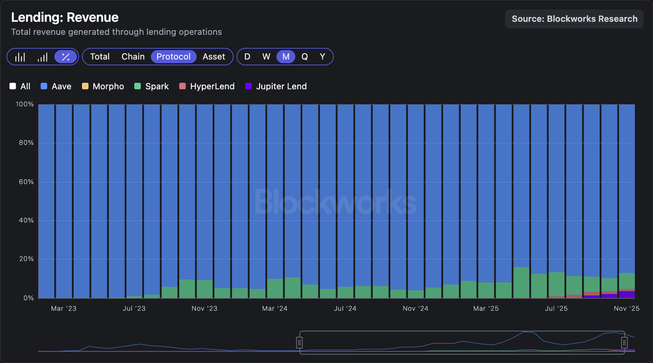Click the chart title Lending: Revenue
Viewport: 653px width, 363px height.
[x=65, y=18]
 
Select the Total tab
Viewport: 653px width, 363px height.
[x=100, y=57]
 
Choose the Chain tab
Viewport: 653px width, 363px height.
[x=133, y=57]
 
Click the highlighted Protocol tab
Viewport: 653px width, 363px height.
[x=174, y=57]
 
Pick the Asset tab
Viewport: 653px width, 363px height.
[x=214, y=57]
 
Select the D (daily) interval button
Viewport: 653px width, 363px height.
[x=247, y=57]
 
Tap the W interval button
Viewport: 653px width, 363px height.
[x=266, y=57]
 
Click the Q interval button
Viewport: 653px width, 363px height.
[x=304, y=57]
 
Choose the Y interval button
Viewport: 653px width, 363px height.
[x=322, y=57]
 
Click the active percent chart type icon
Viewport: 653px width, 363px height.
[x=66, y=57]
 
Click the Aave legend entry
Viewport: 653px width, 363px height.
[x=56, y=87]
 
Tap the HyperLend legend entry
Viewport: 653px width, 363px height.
[x=207, y=87]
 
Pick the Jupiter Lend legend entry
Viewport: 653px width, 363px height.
[x=276, y=87]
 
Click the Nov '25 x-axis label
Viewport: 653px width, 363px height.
[x=627, y=309]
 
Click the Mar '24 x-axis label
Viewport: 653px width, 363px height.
[x=275, y=309]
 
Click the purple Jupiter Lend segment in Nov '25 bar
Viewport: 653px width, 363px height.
[x=627, y=294]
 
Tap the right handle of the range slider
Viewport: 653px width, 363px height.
[x=624, y=342]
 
